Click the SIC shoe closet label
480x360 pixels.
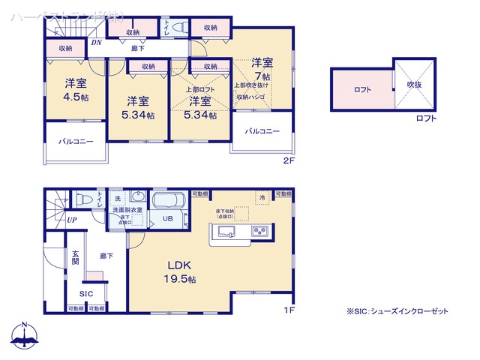click(x=85, y=293)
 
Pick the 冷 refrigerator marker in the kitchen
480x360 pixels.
click(x=262, y=197)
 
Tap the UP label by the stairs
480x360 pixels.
click(x=71, y=220)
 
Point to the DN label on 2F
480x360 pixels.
click(x=96, y=43)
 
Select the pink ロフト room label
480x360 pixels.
click(x=361, y=89)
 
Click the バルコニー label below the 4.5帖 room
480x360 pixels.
click(x=75, y=141)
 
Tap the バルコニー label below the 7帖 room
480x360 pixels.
click(x=262, y=131)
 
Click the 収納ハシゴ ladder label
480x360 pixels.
click(x=252, y=97)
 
